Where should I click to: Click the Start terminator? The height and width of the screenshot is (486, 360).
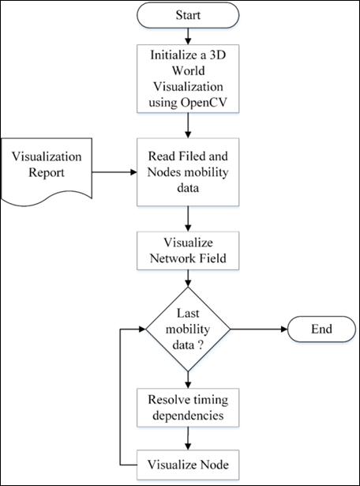click(x=188, y=15)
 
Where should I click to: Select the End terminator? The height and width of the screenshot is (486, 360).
click(x=321, y=329)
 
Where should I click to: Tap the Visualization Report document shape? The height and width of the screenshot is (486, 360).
click(x=47, y=171)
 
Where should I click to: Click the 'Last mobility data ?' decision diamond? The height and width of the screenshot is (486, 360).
click(x=188, y=329)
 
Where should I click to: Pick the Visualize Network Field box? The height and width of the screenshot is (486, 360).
click(x=188, y=251)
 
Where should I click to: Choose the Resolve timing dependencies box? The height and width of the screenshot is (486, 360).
click(x=188, y=407)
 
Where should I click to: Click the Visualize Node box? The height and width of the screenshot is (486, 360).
click(x=188, y=465)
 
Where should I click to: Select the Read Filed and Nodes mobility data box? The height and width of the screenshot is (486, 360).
click(x=188, y=172)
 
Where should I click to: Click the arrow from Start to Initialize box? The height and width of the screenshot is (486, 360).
click(x=188, y=36)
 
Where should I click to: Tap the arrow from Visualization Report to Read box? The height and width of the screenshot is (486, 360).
click(x=114, y=172)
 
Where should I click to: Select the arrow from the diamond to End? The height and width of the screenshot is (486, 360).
click(x=259, y=329)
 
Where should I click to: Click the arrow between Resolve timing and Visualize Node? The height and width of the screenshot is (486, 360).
click(x=188, y=439)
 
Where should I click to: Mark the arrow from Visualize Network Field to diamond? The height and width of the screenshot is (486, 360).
click(x=188, y=278)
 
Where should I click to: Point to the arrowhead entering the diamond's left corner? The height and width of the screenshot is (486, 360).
click(x=142, y=329)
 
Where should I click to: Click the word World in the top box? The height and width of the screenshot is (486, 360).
click(x=188, y=70)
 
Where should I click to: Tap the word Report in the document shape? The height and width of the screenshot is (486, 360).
click(x=47, y=172)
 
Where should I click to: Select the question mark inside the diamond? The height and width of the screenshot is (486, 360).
click(x=200, y=345)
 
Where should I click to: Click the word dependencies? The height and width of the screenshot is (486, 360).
click(x=188, y=416)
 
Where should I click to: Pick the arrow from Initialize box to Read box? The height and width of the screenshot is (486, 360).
click(x=188, y=125)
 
